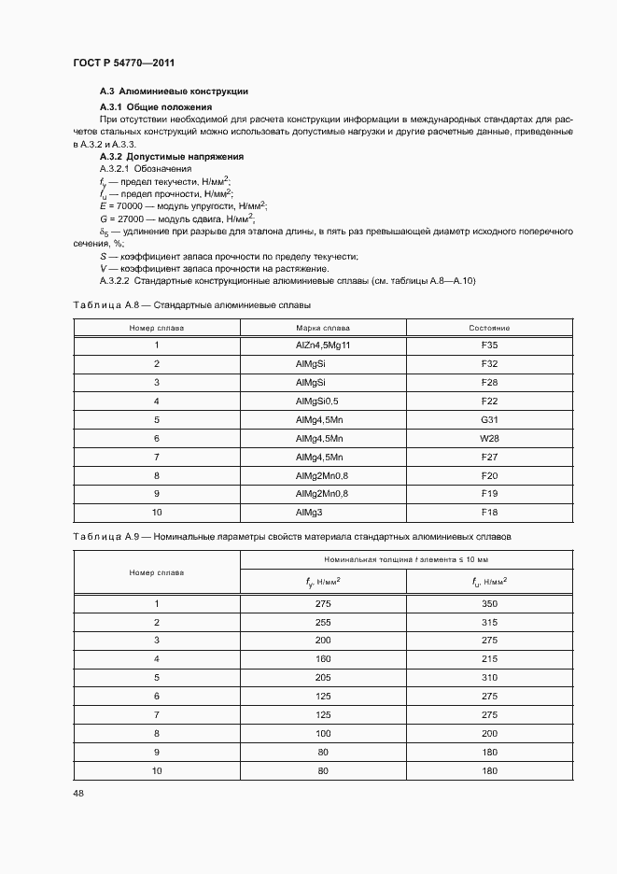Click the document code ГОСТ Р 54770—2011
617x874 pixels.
point(123,63)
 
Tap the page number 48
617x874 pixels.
point(77,793)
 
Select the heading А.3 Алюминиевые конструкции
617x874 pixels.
point(173,92)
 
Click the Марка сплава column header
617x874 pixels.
point(323,328)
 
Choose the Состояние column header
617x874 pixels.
point(489,328)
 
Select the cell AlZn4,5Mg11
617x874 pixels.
point(322,345)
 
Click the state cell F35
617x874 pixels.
point(489,345)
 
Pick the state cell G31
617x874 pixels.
point(489,419)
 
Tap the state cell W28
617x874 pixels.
point(489,438)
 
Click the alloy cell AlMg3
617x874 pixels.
point(309,513)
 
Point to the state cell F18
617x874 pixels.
point(489,513)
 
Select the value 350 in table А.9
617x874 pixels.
point(489,604)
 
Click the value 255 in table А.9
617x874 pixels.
point(323,623)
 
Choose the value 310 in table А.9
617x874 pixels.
point(489,677)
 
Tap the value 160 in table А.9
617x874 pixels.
point(323,658)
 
